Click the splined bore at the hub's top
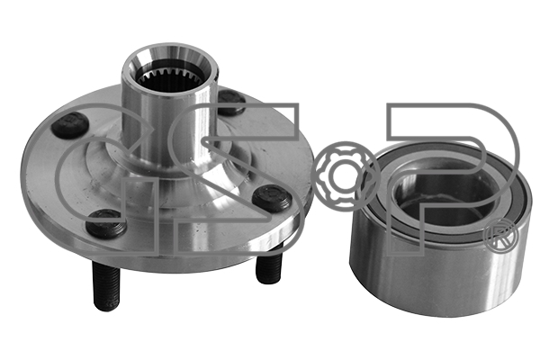(x=171, y=76)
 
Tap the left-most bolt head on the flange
(x=70, y=126)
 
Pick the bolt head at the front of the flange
(x=106, y=224)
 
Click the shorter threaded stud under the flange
(x=269, y=264)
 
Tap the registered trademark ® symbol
(x=501, y=236)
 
